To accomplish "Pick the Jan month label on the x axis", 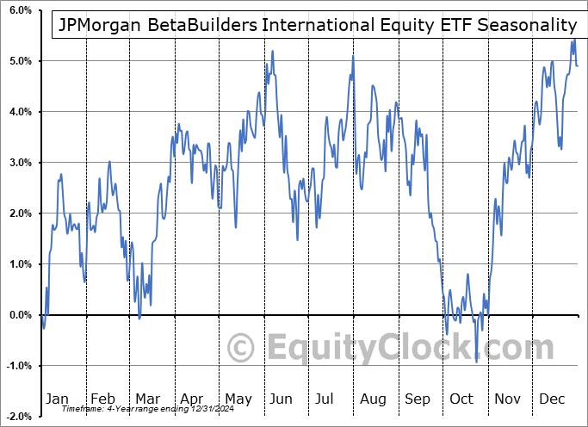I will point(57,399).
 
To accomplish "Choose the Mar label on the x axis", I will point(147,399).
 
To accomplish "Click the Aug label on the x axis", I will point(373,399).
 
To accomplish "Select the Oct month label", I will point(462,399).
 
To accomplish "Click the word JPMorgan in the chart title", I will point(99,25).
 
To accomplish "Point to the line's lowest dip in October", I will point(476,362).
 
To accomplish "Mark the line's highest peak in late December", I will point(573,40).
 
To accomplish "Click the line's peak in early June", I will point(272,51).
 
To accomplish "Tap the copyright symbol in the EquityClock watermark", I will point(241,348).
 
